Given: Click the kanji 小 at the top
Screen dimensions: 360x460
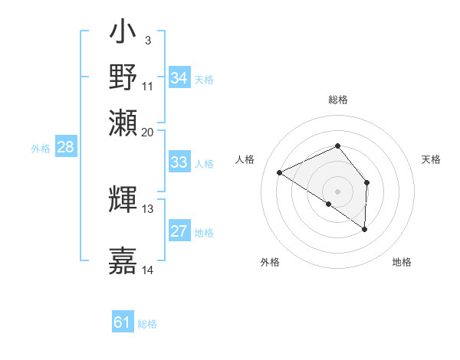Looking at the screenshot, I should pyautogui.click(x=123, y=34).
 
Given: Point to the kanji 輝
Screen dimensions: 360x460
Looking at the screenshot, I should pyautogui.click(x=123, y=198).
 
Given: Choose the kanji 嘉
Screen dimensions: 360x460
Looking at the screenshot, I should pyautogui.click(x=123, y=260).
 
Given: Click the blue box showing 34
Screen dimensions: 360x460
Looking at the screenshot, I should pyautogui.click(x=179, y=78).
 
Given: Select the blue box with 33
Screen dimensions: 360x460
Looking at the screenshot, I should pyautogui.click(x=179, y=162).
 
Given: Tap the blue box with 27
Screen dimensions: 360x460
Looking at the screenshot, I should pyautogui.click(x=179, y=231).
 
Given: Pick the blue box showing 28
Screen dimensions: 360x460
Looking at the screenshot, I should pyautogui.click(x=65, y=148).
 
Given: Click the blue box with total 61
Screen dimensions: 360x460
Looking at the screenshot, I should pyautogui.click(x=123, y=322).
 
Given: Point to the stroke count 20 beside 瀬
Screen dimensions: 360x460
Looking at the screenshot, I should pyautogui.click(x=148, y=132).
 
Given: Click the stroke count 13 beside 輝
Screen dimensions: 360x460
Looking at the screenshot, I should pyautogui.click(x=148, y=208).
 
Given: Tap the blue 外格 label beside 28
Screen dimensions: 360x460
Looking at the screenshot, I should pyautogui.click(x=41, y=149).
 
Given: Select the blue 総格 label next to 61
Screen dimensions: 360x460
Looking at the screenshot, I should pyautogui.click(x=147, y=324).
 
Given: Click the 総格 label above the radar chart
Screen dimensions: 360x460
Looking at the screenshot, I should pyautogui.click(x=338, y=100).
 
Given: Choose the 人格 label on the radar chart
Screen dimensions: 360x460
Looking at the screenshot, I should pyautogui.click(x=245, y=159).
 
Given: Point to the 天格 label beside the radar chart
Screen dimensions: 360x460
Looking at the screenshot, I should pyautogui.click(x=431, y=159).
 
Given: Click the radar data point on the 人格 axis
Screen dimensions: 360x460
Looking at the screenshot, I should pyautogui.click(x=280, y=173).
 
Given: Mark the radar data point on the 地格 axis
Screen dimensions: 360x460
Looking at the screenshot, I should pyautogui.click(x=365, y=228).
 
